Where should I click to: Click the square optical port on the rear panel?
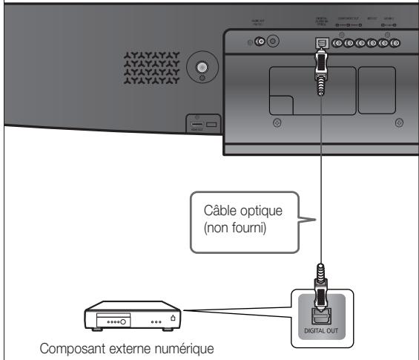[320, 43]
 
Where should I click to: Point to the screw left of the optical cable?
[277, 122]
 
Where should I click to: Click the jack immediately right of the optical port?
[338, 43]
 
